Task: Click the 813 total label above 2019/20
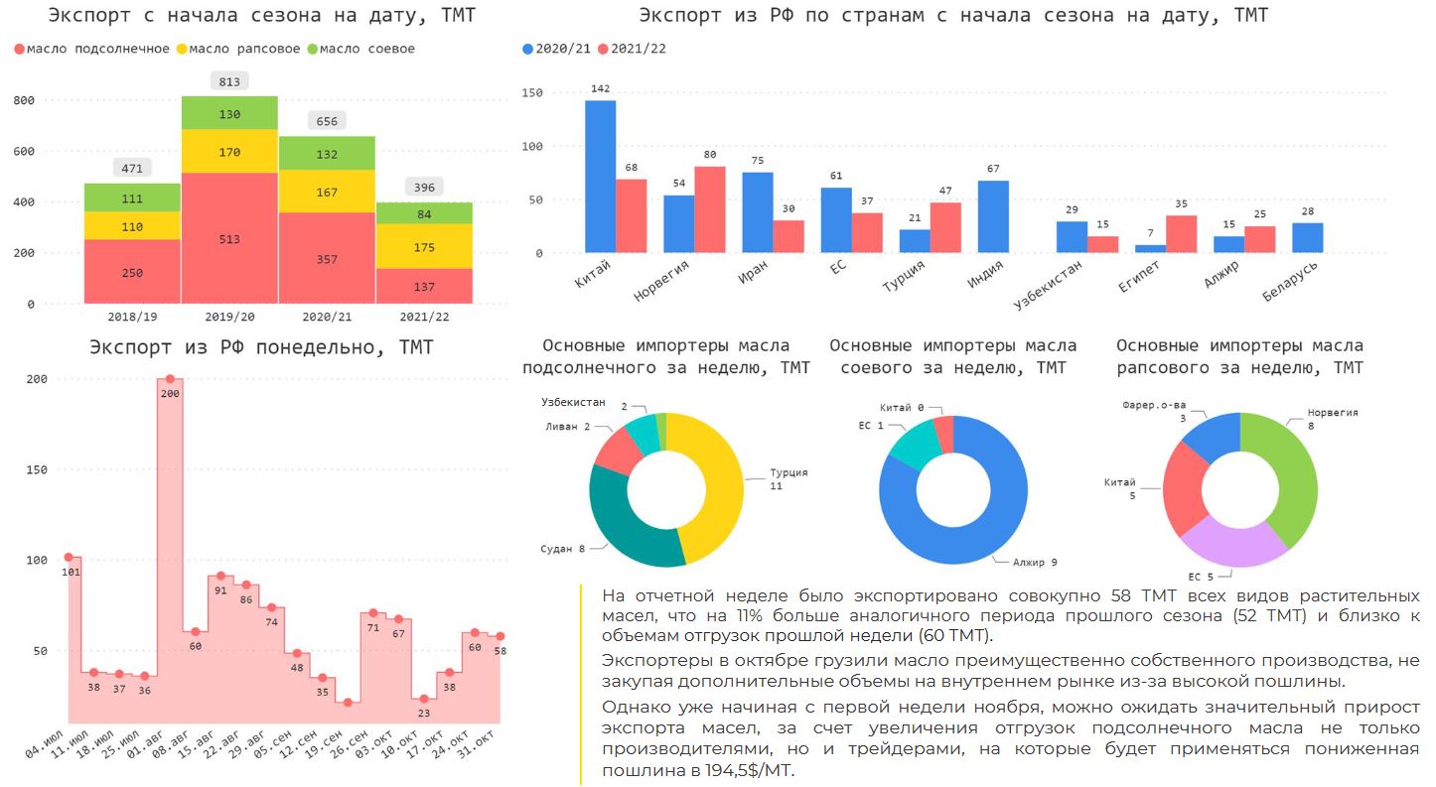pos(228,81)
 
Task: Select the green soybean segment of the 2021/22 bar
pos(424,212)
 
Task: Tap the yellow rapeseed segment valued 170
pos(228,152)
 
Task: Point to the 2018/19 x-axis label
pos(132,317)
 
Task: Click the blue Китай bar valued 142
pos(600,177)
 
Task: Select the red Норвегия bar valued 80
pos(710,209)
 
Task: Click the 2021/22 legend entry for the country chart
pos(637,49)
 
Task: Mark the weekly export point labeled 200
pos(170,379)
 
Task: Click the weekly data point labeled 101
pos(69,557)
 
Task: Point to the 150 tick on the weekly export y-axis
pos(36,469)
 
